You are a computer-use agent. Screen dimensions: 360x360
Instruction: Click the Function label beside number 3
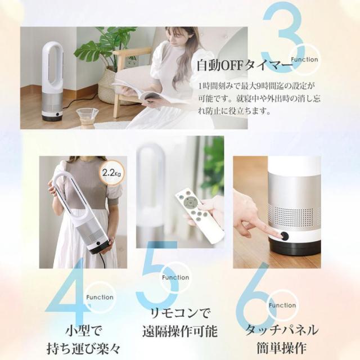(x=305, y=59)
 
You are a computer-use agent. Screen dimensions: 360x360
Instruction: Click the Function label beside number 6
(x=282, y=305)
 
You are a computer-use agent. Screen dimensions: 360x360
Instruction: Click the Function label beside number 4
(x=100, y=297)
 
